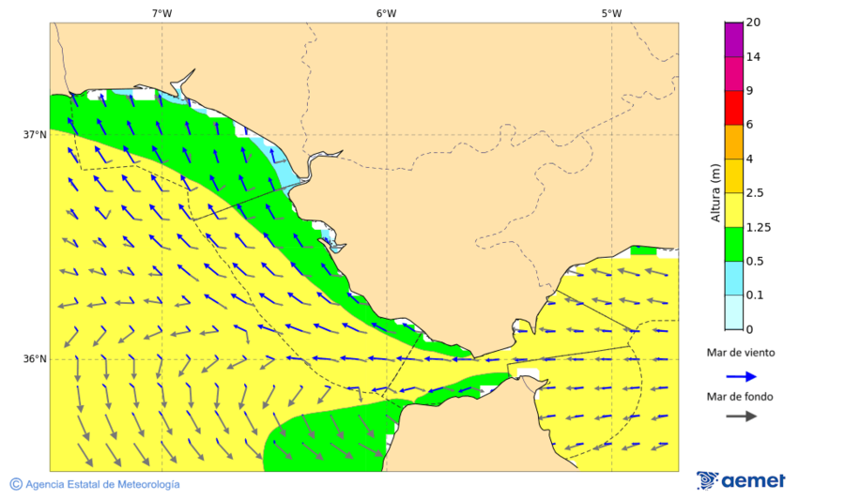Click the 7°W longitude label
click(x=161, y=13)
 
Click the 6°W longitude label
click(x=386, y=13)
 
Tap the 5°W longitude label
click(x=611, y=13)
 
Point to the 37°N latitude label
click(x=35, y=134)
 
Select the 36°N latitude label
click(x=35, y=359)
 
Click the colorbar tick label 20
click(x=753, y=23)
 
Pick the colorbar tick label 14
click(x=753, y=57)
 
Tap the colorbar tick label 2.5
click(x=755, y=193)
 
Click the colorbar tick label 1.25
click(x=758, y=227)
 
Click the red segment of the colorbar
click(x=733, y=108)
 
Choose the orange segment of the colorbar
click(x=733, y=142)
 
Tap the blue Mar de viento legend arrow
click(x=741, y=376)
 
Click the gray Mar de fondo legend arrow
click(x=741, y=416)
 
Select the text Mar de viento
click(x=741, y=353)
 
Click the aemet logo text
click(x=753, y=481)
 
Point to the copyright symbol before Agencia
click(x=16, y=484)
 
